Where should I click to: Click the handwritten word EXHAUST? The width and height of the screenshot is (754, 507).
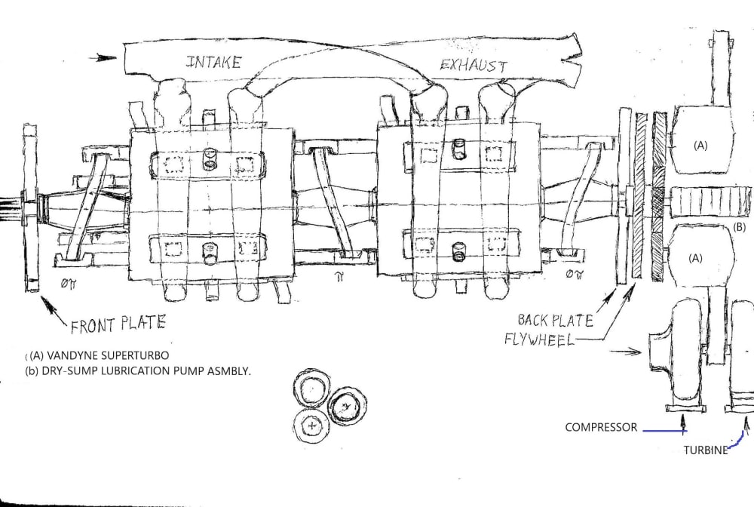point(474,65)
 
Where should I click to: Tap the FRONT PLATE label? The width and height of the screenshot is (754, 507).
point(118,326)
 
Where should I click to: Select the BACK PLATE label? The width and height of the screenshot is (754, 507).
point(555,320)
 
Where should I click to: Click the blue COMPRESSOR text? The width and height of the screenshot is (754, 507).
point(600,428)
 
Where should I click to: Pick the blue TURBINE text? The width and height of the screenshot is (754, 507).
point(706,450)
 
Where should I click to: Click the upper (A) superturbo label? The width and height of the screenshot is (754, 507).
point(700,146)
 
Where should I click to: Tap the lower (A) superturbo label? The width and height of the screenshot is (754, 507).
point(695,257)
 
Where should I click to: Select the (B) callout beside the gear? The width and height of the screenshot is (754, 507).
point(739,226)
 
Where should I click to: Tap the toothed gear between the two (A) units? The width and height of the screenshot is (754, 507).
point(704,201)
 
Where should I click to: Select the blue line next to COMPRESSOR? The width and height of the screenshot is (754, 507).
point(662,429)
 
